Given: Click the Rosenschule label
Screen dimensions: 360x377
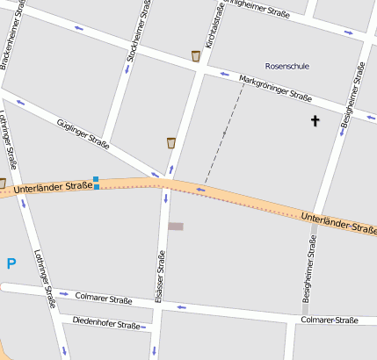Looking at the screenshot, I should (x=287, y=66).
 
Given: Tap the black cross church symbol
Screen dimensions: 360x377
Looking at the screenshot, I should (x=315, y=120).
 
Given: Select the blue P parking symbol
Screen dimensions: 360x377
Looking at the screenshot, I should (x=11, y=263).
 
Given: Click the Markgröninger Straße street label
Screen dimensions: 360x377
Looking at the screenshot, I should (x=275, y=89).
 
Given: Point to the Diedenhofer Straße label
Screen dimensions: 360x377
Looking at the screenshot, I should (x=106, y=324).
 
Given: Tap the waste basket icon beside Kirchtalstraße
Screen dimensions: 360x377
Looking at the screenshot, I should (x=196, y=56).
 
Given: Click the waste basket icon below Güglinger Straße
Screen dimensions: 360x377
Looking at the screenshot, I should (x=171, y=142).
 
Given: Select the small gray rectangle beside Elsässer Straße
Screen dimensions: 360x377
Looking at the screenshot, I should (x=176, y=227).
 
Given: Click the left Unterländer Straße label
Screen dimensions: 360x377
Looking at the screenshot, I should (x=54, y=187).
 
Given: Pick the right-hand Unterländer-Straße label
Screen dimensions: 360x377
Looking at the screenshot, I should (x=337, y=222).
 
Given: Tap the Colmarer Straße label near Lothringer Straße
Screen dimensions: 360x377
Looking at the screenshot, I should (x=104, y=299).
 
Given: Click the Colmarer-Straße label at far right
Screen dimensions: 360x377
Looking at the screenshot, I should (x=329, y=320).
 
